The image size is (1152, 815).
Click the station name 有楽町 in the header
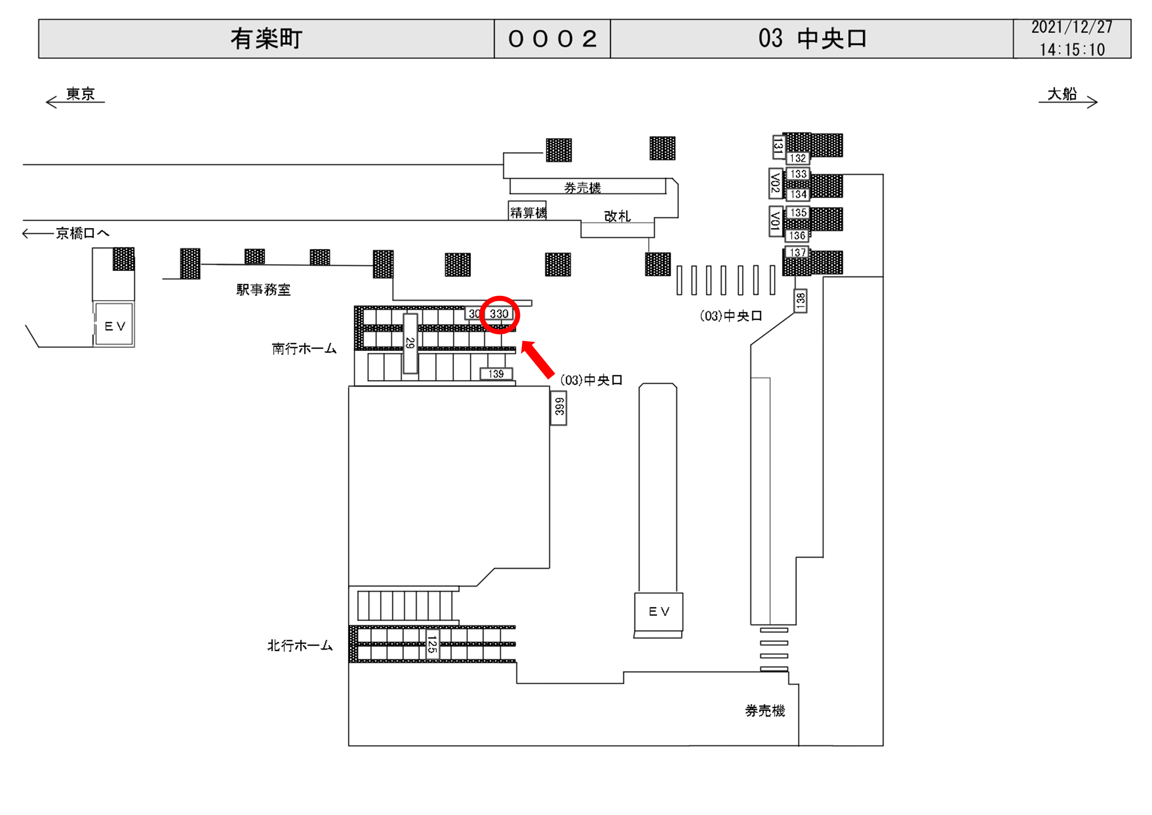point(266,39)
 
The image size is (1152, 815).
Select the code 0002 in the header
point(552,39)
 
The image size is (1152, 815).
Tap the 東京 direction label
point(80,94)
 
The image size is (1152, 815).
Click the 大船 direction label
point(1062,94)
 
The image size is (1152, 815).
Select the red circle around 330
point(499,315)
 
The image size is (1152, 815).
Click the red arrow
point(538,359)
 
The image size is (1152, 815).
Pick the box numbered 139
point(496,374)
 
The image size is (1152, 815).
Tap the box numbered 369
point(559,407)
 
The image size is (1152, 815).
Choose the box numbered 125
point(431,644)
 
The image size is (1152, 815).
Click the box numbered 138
point(800,300)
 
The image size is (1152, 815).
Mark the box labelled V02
point(775,183)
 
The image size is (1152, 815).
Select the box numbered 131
point(778,147)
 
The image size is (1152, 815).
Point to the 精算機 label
point(528,212)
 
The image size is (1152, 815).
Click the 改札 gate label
point(616,216)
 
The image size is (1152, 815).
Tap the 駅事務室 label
point(264,290)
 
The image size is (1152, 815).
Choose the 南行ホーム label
point(303,349)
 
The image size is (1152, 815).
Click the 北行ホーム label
point(300,645)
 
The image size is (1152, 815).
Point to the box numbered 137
point(797,252)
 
